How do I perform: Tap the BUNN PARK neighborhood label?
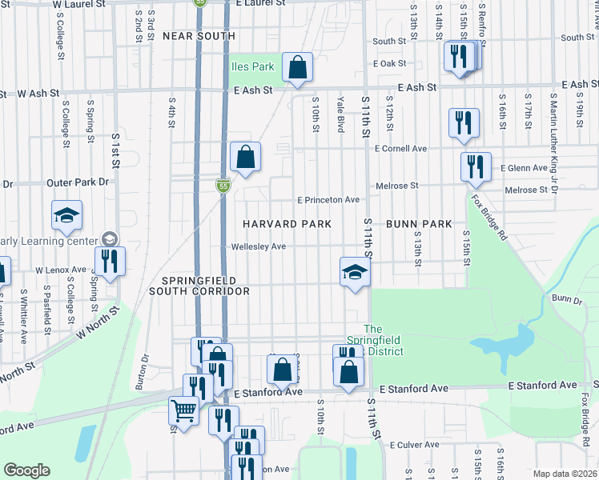[420, 224]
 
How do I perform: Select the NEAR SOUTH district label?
[199, 36]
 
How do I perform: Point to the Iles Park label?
[252, 67]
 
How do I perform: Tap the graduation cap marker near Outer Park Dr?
[66, 214]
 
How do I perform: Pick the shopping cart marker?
[183, 412]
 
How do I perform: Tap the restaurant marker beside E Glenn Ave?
[476, 167]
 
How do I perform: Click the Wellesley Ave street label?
[258, 246]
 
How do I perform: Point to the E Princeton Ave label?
[328, 200]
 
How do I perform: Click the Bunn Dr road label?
[565, 298]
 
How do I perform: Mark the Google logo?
[26, 470]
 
